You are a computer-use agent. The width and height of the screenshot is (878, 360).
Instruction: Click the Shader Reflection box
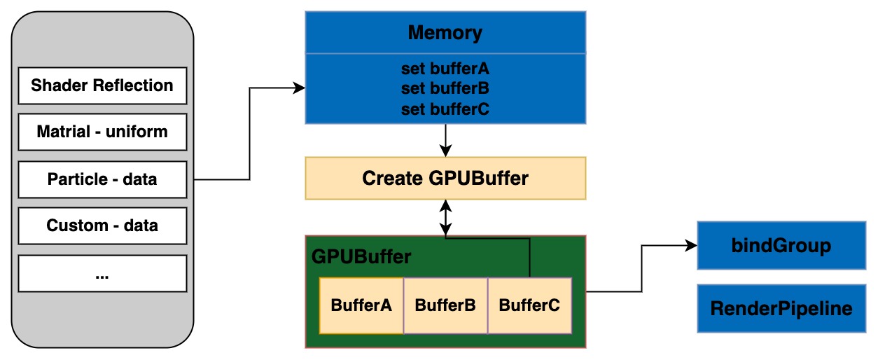102,85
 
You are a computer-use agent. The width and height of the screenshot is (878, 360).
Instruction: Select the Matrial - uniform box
102,132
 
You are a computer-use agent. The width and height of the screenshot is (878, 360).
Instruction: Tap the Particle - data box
102,179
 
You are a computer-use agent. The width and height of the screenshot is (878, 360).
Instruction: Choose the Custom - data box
102,226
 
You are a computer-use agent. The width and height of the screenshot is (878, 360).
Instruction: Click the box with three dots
102,273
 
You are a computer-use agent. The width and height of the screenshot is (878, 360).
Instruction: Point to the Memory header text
445,33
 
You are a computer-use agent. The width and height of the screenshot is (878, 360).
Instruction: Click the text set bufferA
445,69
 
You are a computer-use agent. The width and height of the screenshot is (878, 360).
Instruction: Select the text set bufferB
445,89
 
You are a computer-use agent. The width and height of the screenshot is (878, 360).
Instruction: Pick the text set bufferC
445,109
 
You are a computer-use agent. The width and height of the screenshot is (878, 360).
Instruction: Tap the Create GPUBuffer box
445,179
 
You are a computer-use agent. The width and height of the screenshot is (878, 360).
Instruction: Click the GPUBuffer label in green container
361,256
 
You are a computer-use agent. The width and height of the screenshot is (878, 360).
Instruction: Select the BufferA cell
361,305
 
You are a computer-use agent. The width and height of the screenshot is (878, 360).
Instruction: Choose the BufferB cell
445,305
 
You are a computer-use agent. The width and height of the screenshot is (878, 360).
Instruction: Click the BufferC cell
529,305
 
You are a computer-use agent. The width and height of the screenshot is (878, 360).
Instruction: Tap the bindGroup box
781,246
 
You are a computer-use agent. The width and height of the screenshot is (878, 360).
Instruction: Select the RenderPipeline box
781,308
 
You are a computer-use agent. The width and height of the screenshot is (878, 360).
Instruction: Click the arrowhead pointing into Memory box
300,88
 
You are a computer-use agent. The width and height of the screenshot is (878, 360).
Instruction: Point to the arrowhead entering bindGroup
692,246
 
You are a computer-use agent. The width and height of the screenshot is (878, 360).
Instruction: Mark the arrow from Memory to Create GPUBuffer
445,140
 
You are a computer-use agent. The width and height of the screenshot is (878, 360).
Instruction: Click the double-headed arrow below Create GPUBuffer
445,218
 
